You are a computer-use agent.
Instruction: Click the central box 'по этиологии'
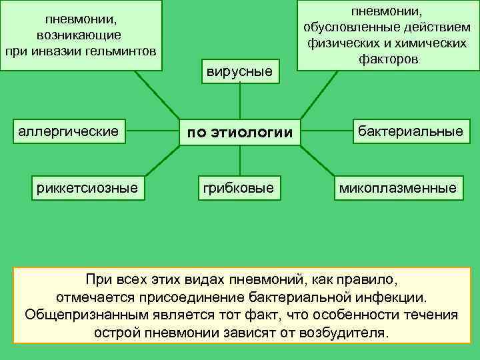239,133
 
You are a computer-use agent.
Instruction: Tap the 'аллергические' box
68,131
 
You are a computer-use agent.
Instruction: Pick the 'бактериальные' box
410,131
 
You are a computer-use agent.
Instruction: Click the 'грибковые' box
239,188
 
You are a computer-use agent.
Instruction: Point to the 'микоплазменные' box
398,188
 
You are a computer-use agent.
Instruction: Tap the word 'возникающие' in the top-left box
80,34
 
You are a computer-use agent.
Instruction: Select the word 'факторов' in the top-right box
387,59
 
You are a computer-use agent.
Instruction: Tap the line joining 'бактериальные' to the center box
327,131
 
